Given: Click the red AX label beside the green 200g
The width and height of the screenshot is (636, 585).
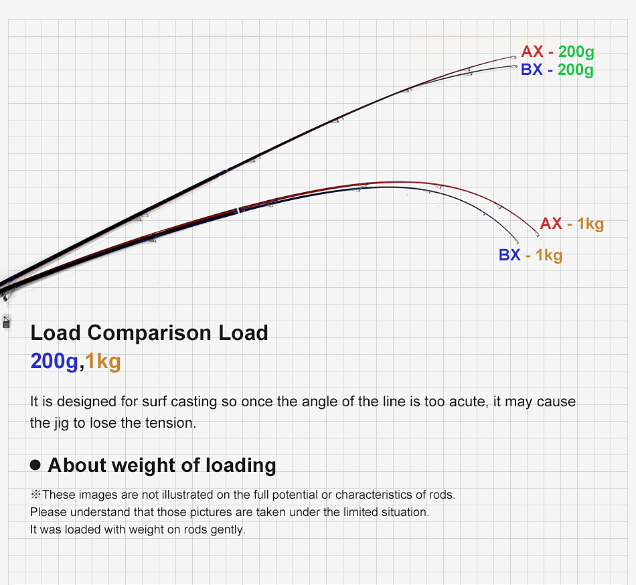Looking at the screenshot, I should [x=532, y=52].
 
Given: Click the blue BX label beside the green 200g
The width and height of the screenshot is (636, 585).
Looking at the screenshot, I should [x=532, y=70].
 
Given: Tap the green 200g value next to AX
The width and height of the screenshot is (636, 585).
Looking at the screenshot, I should [x=575, y=52].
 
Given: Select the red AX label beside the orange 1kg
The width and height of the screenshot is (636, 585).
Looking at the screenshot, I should [x=551, y=224].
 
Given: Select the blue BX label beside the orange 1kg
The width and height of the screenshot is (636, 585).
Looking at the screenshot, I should [x=509, y=255].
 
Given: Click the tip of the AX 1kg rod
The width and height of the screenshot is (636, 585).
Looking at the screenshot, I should [x=538, y=235].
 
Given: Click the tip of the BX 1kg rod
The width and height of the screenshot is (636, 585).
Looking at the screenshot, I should [x=518, y=243].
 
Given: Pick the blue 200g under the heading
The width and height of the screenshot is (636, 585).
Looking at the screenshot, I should [x=54, y=361].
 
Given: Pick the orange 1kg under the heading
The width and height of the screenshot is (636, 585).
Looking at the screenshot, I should [x=103, y=361].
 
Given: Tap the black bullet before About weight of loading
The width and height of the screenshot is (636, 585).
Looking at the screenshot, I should [x=35, y=465].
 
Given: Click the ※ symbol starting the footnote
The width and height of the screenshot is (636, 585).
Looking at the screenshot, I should [x=35, y=495].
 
